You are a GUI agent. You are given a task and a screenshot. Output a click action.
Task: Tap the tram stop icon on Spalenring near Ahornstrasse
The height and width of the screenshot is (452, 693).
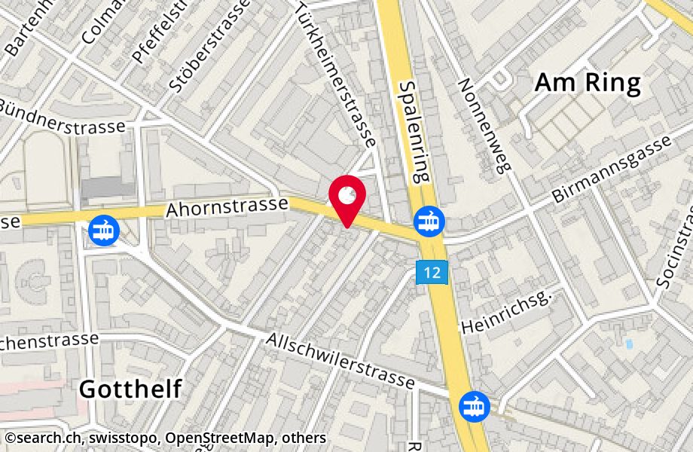point(429,221)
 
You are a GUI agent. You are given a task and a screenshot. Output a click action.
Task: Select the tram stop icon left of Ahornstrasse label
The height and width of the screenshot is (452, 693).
point(102,230)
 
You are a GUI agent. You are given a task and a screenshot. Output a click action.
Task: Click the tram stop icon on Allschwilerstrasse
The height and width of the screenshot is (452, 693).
point(475,407)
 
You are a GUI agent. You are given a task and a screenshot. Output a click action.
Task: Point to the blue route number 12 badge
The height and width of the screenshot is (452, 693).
point(432,272)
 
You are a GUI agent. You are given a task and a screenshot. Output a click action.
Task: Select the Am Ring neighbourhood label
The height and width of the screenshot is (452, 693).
point(587,83)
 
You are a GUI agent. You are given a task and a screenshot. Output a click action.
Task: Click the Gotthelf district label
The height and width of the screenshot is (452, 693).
point(130,389)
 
